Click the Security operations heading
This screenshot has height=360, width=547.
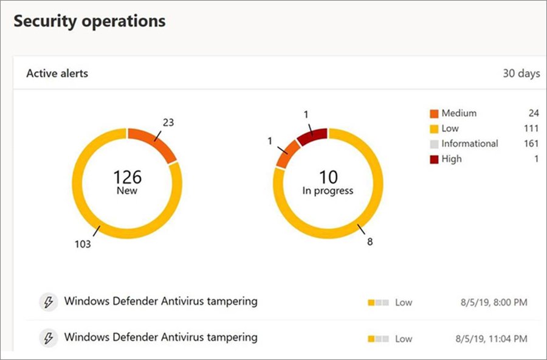(x=89, y=21)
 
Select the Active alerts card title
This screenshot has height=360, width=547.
(x=57, y=73)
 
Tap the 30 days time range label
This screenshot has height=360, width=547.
(x=521, y=73)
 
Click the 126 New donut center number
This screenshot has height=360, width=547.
(x=128, y=178)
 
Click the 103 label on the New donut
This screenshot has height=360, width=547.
(x=83, y=244)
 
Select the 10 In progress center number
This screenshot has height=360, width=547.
(x=328, y=178)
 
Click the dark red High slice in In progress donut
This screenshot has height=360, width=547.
(x=312, y=135)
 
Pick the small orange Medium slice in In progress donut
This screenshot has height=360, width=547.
(x=287, y=153)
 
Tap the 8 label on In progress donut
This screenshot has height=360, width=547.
(x=369, y=242)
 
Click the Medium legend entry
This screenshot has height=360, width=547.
(x=459, y=113)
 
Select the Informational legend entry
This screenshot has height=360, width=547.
(x=469, y=144)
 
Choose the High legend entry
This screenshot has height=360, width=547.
(x=452, y=159)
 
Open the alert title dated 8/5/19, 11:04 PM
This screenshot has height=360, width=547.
(x=160, y=337)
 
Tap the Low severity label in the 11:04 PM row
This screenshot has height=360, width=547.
(x=404, y=338)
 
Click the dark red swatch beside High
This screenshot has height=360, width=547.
(x=433, y=159)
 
